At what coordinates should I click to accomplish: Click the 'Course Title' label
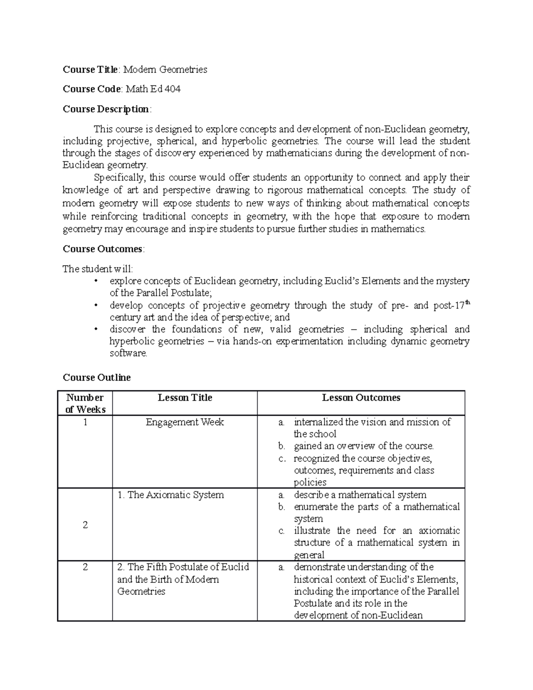pos(90,69)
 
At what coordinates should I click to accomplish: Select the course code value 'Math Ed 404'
pos(153,89)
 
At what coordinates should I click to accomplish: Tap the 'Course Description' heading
pos(106,109)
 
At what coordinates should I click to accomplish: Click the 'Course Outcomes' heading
pos(103,249)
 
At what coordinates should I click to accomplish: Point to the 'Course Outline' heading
pos(96,377)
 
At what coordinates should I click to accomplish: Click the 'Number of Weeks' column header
pos(85,403)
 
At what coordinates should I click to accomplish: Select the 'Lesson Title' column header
pos(185,398)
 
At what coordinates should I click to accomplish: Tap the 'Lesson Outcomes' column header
pos(361,398)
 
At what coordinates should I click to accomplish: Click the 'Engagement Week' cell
pos(185,422)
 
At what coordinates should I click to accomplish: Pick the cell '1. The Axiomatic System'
pos(171,495)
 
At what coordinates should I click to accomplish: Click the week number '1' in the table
pos(85,422)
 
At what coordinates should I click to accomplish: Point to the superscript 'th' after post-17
pos(467,303)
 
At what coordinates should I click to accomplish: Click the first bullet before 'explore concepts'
pos(95,281)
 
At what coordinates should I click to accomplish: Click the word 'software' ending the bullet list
pos(127,354)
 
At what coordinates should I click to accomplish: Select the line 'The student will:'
pos(97,269)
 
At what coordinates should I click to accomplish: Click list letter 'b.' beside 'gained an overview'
pos(282,446)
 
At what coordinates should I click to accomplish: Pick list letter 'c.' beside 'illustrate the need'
pos(282,531)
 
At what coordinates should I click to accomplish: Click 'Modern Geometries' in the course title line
pos(165,69)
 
